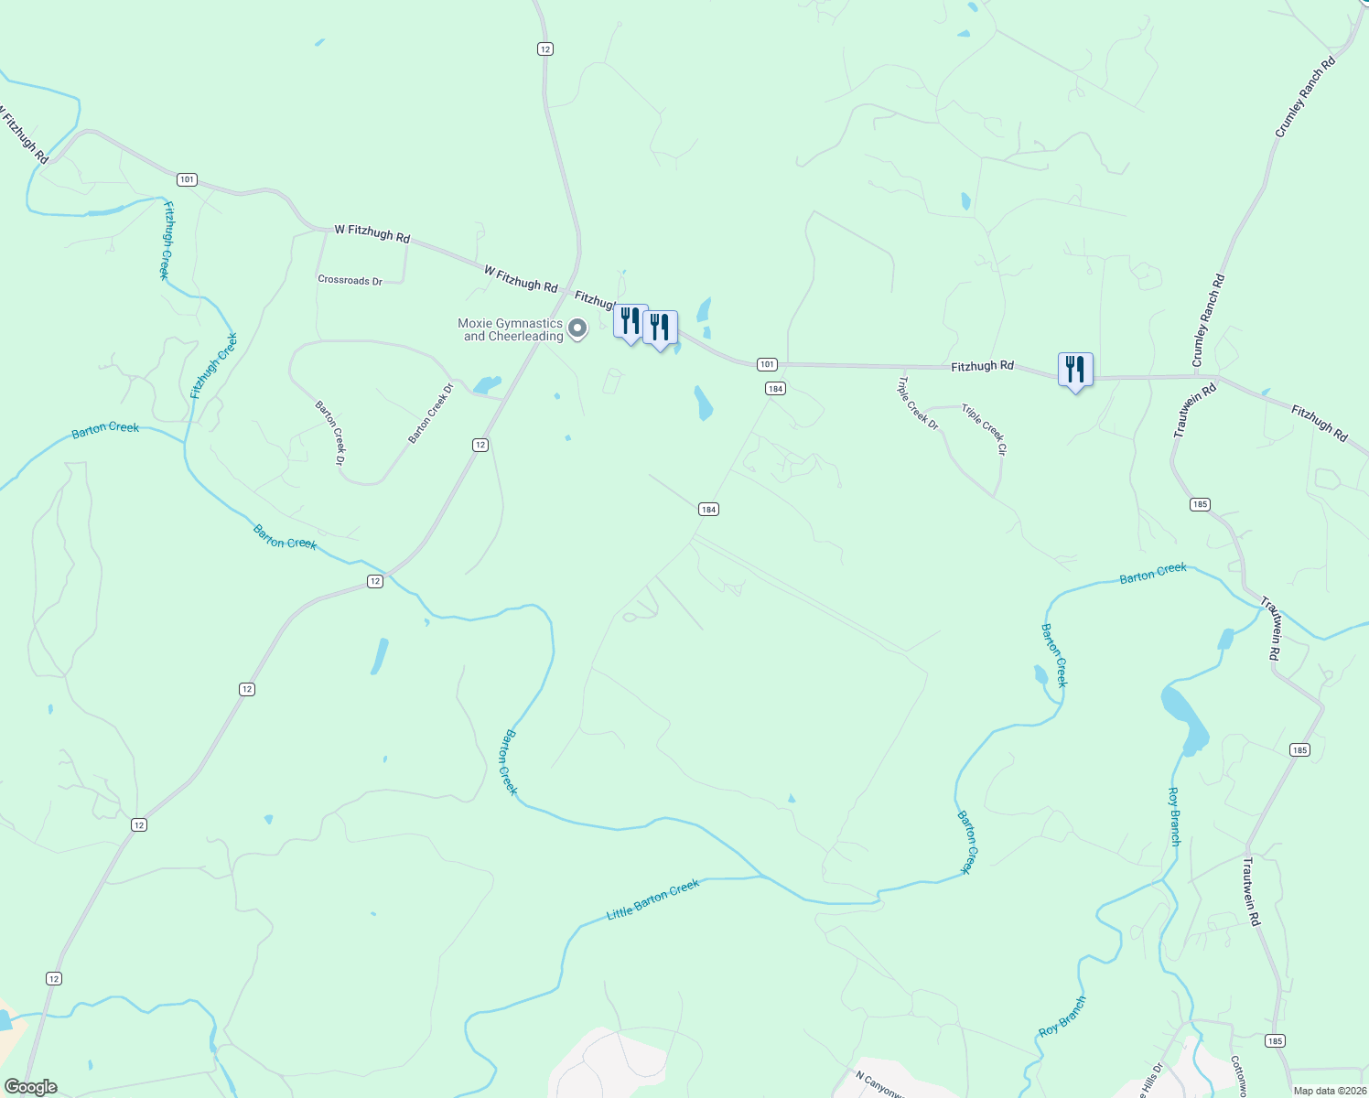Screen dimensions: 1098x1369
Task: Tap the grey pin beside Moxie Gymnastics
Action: pos(577,328)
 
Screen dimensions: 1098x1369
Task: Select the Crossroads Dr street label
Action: pos(350,280)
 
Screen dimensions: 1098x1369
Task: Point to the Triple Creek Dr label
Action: pos(918,404)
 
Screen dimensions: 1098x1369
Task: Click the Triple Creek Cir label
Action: pos(984,430)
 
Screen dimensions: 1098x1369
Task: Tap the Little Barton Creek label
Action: pos(652,899)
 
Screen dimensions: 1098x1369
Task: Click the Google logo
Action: pos(30,1087)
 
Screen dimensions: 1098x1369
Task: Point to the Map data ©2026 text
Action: pos(1327,1091)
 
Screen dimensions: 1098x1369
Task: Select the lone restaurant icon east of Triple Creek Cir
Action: pos(1075,370)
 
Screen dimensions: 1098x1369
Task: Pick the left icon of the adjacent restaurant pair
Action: pos(631,321)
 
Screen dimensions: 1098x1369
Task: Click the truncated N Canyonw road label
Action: pos(880,1082)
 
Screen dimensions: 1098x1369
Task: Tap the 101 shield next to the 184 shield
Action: pos(767,364)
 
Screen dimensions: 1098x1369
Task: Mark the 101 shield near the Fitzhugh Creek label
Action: pos(187,179)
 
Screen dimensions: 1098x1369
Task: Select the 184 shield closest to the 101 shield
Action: pos(775,389)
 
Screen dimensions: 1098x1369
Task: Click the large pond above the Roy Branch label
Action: pos(1184,718)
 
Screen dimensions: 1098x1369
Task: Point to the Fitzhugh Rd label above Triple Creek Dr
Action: pos(982,366)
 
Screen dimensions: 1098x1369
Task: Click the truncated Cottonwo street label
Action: pos(1237,1076)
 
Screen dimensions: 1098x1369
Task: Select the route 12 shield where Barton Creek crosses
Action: pos(374,581)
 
